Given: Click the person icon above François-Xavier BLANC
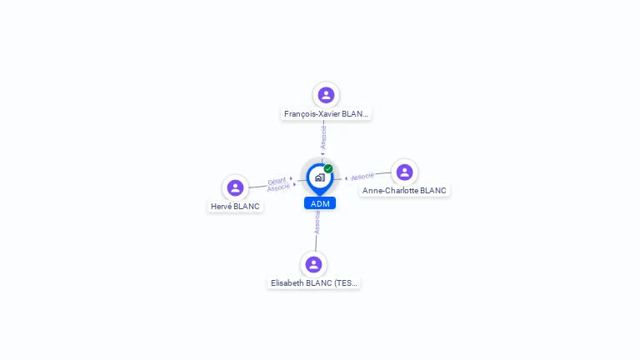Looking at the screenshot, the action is coord(326,95).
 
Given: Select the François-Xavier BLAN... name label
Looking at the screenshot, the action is coord(326,114).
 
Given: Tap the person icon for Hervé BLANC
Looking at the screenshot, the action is coord(235,187).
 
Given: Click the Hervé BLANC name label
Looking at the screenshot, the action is coord(235,207).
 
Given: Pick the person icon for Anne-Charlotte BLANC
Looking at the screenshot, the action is coord(404,172).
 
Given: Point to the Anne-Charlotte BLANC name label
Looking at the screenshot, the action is coord(404,191).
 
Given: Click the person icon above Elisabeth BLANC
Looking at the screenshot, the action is coord(313,264).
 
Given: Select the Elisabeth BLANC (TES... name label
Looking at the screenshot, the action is coord(313,282).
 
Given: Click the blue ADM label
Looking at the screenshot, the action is coord(320,203).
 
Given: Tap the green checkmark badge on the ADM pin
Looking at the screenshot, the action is coord(328,168).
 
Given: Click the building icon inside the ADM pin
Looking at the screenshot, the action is coord(320,177).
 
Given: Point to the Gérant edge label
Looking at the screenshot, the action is coord(277,181).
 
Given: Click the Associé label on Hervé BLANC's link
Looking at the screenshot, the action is coord(278,187).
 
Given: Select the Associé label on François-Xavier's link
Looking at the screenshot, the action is coord(323,137).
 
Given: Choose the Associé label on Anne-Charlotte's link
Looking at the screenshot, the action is coord(362,177).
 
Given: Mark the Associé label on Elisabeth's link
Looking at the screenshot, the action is coord(317,222).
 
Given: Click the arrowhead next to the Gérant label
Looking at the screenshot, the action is coord(291,178).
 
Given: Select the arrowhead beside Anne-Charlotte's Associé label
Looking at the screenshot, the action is coord(346,178).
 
